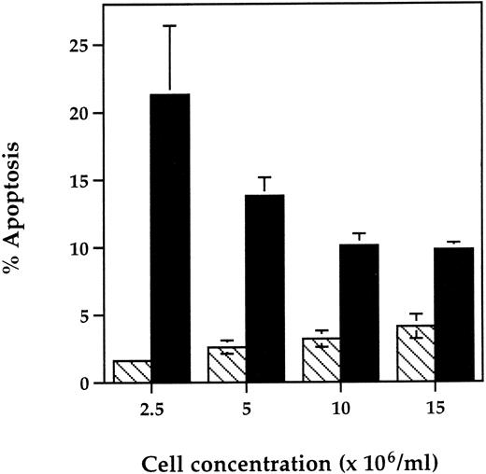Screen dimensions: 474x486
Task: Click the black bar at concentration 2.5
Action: pyautogui.click(x=170, y=238)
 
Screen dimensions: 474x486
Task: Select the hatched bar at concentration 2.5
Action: pyautogui.click(x=132, y=371)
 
